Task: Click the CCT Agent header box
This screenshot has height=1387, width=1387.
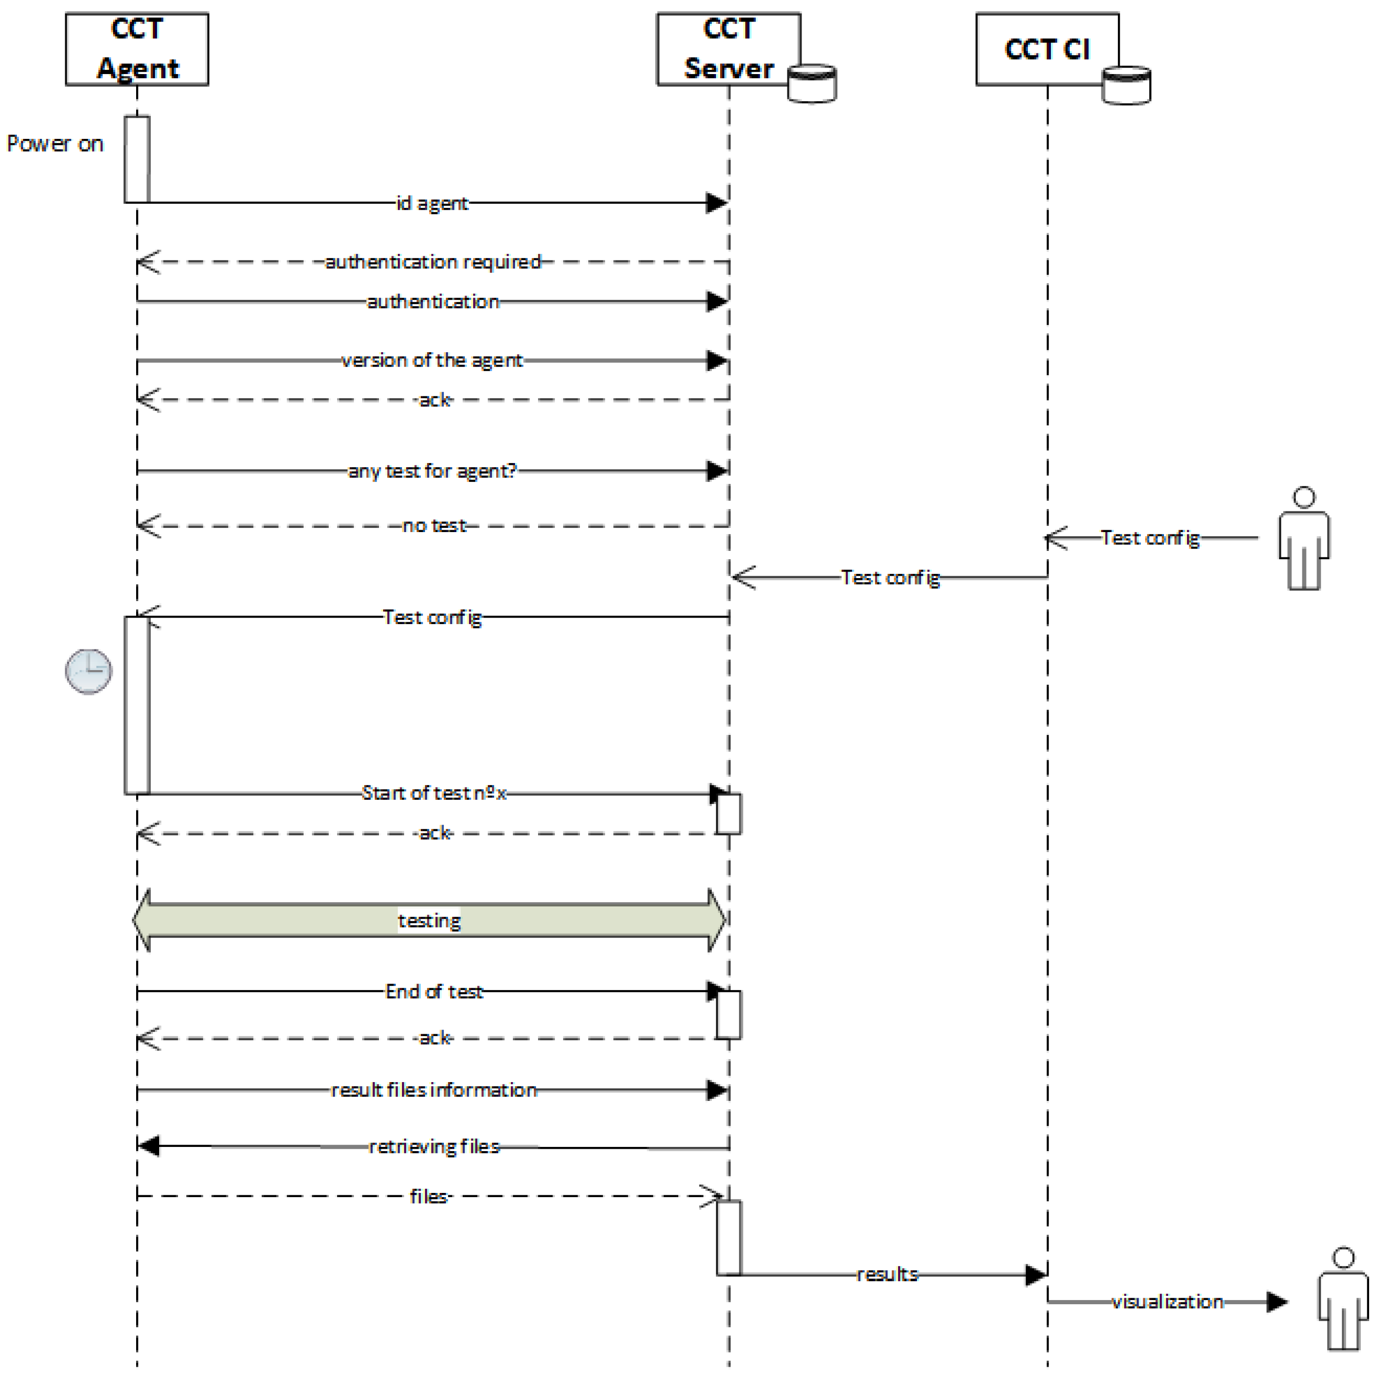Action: [137, 49]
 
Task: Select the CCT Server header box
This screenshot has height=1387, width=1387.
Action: [728, 49]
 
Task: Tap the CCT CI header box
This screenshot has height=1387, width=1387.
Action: [1047, 49]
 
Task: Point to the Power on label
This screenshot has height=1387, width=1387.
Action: [55, 143]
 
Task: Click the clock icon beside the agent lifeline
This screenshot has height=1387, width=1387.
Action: [88, 671]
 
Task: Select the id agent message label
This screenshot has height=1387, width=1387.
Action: [432, 203]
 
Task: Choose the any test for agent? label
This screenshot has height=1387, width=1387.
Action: [432, 471]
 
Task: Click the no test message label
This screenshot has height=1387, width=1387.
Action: [434, 526]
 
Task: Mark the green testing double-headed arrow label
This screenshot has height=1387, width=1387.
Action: [430, 920]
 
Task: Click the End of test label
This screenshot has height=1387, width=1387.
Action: [434, 992]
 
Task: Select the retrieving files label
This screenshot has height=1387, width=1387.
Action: [434, 1146]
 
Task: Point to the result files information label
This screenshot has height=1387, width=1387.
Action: [434, 1090]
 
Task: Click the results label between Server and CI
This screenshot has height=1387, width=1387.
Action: [887, 1274]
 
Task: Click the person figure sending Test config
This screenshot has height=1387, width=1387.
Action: [1304, 539]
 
